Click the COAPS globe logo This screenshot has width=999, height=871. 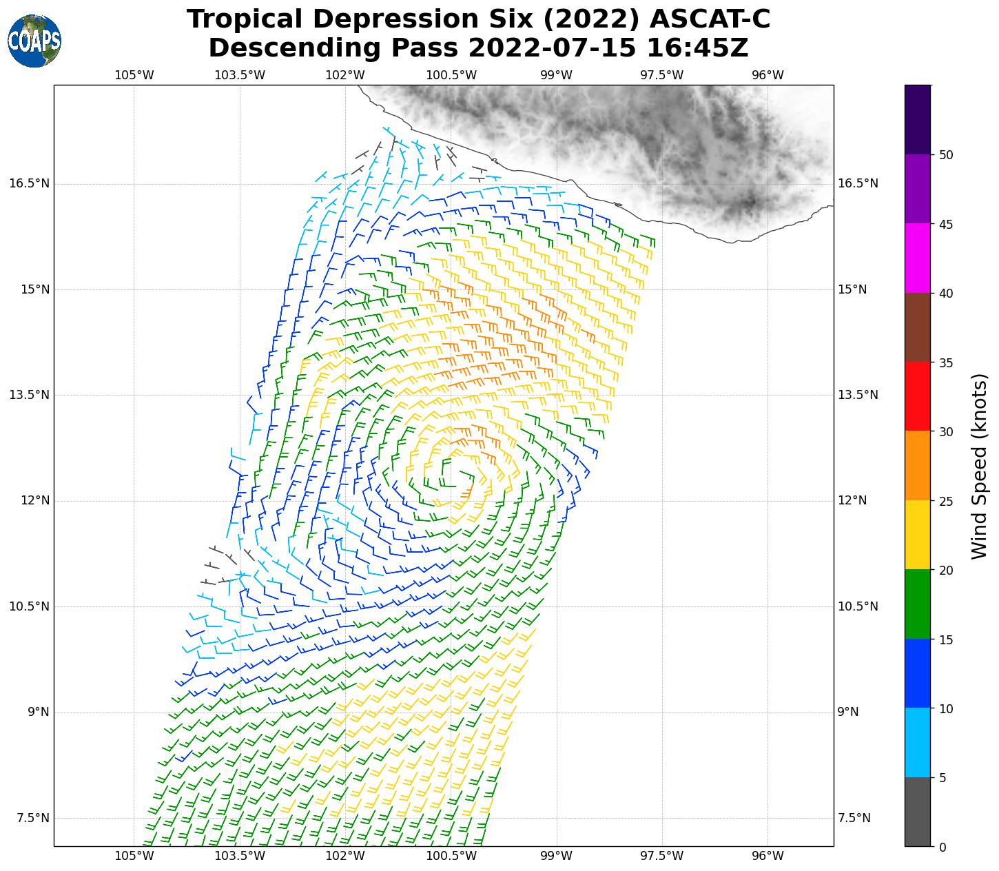[34, 41]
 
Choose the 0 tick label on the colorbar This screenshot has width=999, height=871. [942, 847]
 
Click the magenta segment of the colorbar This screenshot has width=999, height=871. [918, 258]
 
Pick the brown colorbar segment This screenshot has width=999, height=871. [918, 327]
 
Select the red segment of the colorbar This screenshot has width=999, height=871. [918, 396]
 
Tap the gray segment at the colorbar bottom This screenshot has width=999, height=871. [918, 812]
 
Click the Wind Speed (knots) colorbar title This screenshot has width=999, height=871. [979, 466]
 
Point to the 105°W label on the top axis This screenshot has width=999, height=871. [134, 75]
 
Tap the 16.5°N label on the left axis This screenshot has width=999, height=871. [29, 184]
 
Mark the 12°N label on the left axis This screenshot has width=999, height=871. [35, 501]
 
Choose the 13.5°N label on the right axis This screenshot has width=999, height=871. [858, 395]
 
